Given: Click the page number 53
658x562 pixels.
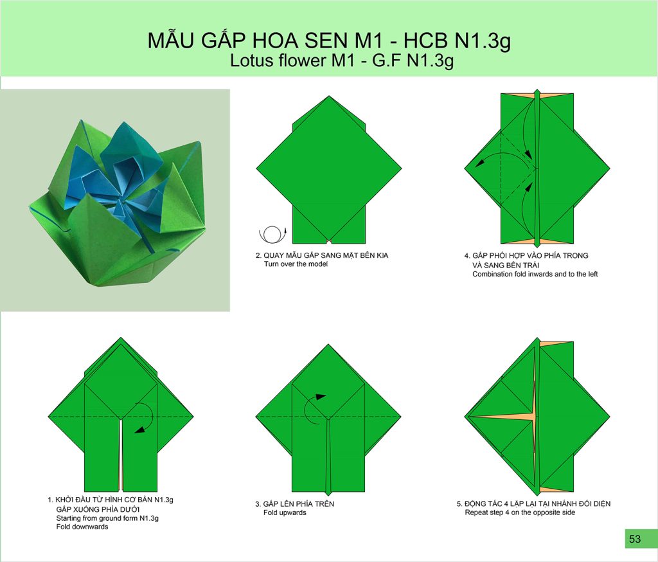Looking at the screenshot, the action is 635,539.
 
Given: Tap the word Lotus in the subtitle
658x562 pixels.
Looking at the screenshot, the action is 251,60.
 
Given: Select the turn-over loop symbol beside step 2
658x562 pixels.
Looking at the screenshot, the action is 272,234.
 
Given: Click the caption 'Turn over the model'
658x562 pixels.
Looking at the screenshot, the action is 296,264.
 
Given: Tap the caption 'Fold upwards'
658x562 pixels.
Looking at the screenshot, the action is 285,513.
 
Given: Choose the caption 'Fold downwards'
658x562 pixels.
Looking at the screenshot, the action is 82,527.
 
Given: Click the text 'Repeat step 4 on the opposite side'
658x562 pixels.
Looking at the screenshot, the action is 520,512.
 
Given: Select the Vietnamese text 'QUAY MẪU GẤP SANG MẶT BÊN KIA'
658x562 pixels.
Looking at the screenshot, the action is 326,255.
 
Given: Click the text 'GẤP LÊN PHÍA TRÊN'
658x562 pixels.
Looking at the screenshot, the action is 299,503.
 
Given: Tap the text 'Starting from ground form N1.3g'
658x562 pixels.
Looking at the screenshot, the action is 107,518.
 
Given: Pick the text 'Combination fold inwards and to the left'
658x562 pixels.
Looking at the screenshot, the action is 535,275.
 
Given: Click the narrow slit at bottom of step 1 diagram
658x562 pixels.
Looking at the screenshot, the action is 121,453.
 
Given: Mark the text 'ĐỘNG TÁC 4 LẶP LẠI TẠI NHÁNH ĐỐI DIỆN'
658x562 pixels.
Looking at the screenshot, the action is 538,503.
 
